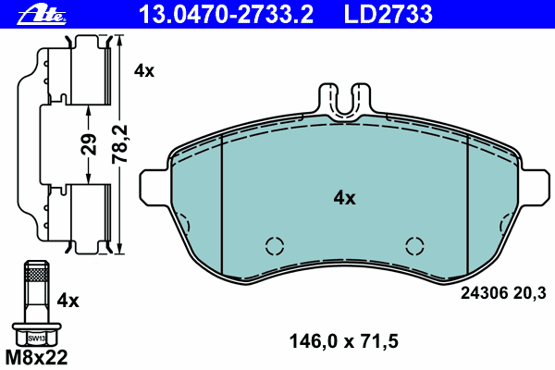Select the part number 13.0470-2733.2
click(227, 13)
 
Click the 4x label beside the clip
click(143, 70)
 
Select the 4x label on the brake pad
click(344, 197)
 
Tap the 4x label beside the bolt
click(69, 301)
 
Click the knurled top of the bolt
click(36, 274)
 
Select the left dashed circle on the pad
click(274, 245)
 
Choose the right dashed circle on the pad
click(415, 245)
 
